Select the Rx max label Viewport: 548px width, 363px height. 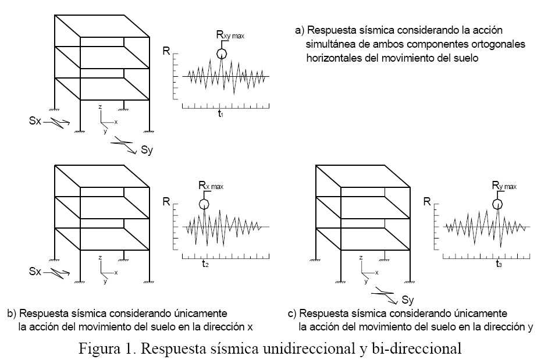[x=211, y=186]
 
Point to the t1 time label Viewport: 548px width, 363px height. [x=221, y=115]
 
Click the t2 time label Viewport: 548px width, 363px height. [x=205, y=264]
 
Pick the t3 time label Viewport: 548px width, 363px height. [x=499, y=264]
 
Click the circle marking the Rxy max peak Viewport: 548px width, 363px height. [x=221, y=54]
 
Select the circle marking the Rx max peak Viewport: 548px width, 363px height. [x=204, y=204]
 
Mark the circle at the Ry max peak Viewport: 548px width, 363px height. [x=498, y=204]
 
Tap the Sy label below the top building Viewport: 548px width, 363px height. [x=147, y=151]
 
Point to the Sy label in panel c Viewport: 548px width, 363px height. [x=408, y=300]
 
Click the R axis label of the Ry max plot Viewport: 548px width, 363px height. [x=426, y=202]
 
